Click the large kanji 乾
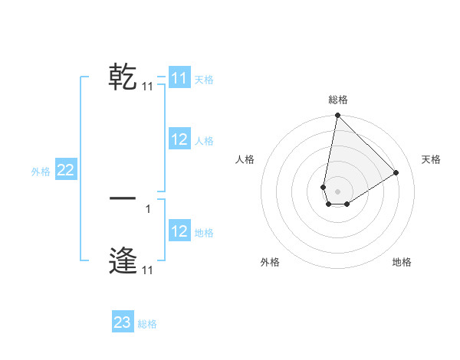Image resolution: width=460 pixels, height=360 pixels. pos(123,77)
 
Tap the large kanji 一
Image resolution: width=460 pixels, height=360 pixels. pos(123,198)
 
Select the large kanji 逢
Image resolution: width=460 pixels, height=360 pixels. pos(123,260)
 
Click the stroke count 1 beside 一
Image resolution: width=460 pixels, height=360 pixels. pos(147,208)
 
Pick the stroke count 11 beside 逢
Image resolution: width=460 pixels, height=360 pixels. pos(147,270)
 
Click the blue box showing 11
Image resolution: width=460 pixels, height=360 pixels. pos(179,78)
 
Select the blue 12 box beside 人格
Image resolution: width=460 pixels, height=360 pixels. pos(179,139)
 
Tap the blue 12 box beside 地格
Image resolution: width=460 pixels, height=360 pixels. pos(179,231)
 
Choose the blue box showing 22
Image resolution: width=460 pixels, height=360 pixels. pos(65,171)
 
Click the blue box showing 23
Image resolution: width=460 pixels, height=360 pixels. pos(123,322)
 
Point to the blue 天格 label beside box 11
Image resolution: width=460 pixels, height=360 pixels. pos(204,79)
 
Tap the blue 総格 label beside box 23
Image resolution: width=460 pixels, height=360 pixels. pos(147,324)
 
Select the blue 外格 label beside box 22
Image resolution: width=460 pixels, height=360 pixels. pos(41,172)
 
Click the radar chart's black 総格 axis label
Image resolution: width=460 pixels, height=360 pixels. pos(338,100)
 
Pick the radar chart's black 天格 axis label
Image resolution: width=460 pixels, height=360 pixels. pos(431,159)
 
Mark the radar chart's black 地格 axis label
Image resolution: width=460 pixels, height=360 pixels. pos(402,262)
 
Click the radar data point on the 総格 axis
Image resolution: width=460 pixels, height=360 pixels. pos(337,116)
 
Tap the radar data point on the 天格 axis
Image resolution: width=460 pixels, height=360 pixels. pos(396,172)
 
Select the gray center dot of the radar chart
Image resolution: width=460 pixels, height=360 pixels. pos(337,191)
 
